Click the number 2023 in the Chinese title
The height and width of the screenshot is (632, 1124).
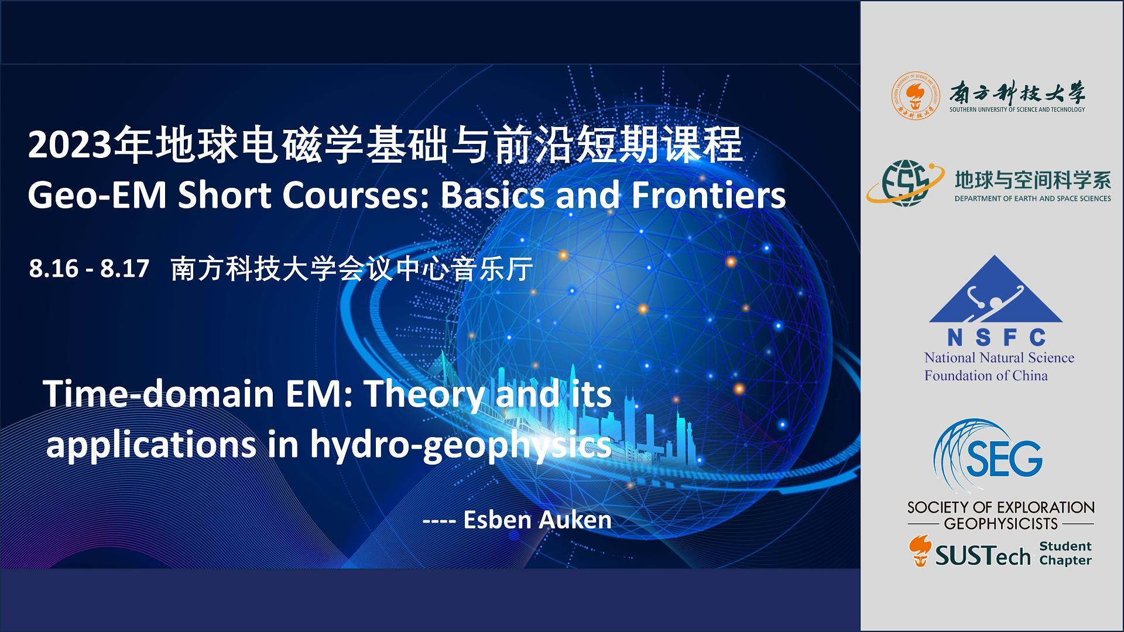[69, 146]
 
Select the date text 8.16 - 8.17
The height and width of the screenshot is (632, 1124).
[89, 269]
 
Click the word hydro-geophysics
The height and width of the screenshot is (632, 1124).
[461, 445]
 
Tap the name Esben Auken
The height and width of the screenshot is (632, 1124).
[537, 520]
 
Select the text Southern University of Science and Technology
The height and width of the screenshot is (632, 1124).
[1017, 109]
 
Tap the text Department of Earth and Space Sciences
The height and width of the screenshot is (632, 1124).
[1032, 198]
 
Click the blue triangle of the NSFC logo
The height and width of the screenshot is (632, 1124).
[995, 293]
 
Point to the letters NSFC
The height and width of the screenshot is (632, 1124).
[996, 338]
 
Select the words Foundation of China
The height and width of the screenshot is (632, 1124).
[986, 376]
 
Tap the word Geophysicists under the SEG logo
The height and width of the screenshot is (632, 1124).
[1000, 523]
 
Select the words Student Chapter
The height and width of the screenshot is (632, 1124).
[1065, 553]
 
